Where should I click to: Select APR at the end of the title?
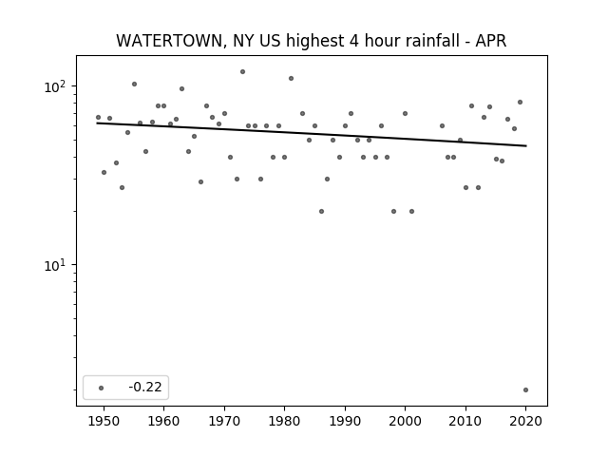[491, 41]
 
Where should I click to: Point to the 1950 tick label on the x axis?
[104, 421]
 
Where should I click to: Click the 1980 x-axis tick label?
[284, 421]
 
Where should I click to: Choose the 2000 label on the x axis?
[405, 421]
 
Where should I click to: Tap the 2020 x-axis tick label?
[525, 421]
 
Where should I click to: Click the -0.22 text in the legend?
[145, 387]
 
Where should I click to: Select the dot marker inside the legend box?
[101, 388]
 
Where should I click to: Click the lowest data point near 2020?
[525, 389]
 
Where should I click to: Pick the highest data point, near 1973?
[242, 72]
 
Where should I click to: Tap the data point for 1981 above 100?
[291, 78]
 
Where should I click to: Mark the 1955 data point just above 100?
[134, 85]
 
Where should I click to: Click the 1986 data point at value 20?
[321, 211]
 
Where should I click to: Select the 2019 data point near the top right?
[520, 102]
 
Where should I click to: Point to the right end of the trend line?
[526, 145]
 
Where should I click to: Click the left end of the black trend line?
[97, 123]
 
